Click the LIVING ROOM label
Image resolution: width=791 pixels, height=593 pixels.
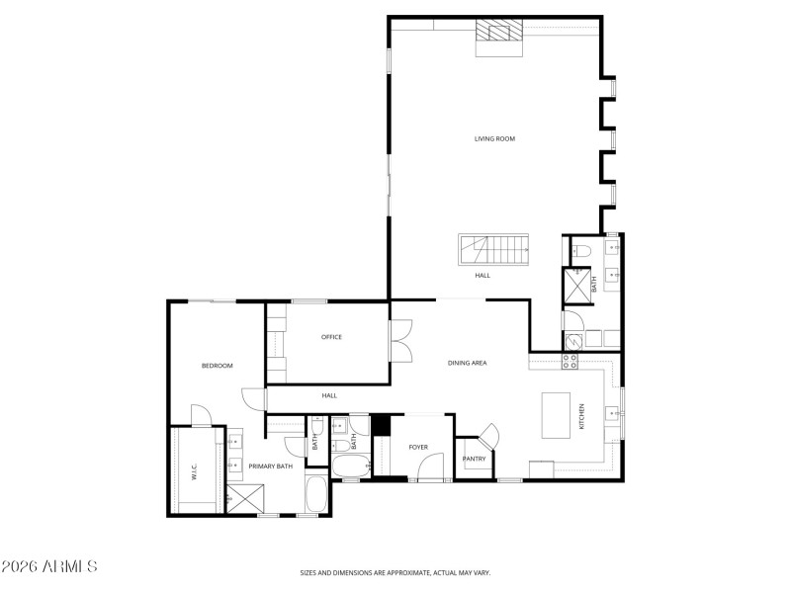[494, 138]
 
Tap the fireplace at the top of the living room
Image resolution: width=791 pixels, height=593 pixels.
[499, 38]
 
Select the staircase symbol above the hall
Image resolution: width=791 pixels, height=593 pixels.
[493, 249]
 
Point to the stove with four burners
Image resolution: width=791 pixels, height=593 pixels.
[571, 362]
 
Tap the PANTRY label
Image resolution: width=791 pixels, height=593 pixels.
[474, 459]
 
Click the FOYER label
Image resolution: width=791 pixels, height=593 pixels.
[418, 447]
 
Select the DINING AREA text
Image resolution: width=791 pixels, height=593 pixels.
[467, 364]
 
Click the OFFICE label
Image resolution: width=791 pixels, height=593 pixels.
[331, 337]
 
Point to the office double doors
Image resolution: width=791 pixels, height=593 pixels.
[400, 342]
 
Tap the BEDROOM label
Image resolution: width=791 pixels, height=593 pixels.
[217, 366]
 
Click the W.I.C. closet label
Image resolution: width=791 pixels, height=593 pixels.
[195, 473]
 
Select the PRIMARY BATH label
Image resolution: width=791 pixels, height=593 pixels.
[270, 466]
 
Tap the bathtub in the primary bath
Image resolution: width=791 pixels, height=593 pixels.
[315, 495]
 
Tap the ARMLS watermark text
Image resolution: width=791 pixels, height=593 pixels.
[49, 567]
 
